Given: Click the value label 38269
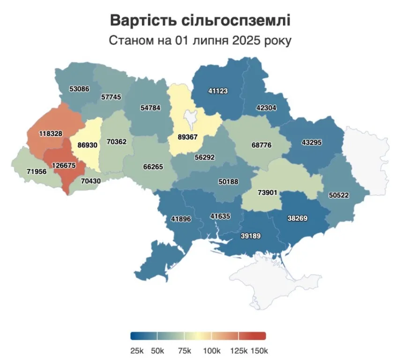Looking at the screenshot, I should pyautogui.click(x=298, y=218).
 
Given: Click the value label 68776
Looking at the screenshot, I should pyautogui.click(x=259, y=145).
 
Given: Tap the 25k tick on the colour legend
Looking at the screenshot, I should pyautogui.click(x=137, y=351).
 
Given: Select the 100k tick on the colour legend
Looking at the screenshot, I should pyautogui.click(x=211, y=351).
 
